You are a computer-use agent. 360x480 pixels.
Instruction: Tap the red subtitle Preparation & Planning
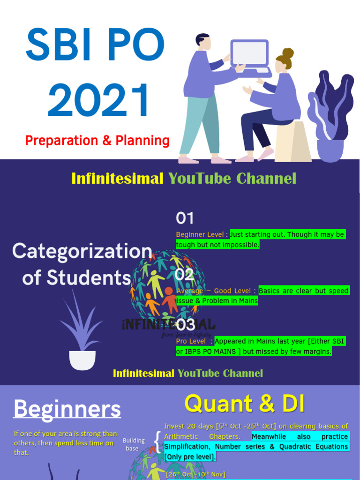coord(97,140)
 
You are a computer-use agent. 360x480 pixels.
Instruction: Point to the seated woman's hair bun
coord(288,53)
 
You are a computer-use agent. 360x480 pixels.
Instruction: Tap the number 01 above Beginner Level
coord(185,218)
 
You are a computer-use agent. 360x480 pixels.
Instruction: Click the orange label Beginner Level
coord(200,234)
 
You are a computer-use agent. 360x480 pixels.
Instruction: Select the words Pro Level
coord(190,341)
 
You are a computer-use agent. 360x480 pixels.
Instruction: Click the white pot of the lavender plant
coord(82,360)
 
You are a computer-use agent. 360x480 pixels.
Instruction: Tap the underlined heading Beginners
coord(67,409)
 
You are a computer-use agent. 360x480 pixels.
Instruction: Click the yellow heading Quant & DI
coord(244,404)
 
